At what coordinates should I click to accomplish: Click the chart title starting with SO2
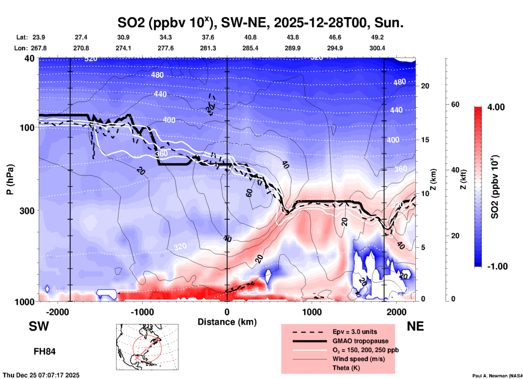(260, 23)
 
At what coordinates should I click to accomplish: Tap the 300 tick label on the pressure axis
(27, 211)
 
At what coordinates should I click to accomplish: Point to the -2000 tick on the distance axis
(58, 312)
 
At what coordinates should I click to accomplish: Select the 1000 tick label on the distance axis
(312, 312)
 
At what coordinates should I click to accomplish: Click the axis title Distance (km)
(227, 322)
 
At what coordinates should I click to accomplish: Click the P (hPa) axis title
(10, 179)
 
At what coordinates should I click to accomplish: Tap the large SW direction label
(39, 326)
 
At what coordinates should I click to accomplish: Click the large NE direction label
(415, 326)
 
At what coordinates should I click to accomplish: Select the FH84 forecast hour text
(45, 352)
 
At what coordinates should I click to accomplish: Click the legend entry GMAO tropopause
(360, 341)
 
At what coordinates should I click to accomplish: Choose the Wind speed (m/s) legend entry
(358, 359)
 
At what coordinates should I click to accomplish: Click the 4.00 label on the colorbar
(496, 107)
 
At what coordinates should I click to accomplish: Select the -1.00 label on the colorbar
(497, 266)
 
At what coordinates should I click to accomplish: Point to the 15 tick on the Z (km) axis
(425, 140)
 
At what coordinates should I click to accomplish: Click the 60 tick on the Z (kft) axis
(455, 104)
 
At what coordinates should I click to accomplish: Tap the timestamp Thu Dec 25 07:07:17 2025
(41, 375)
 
